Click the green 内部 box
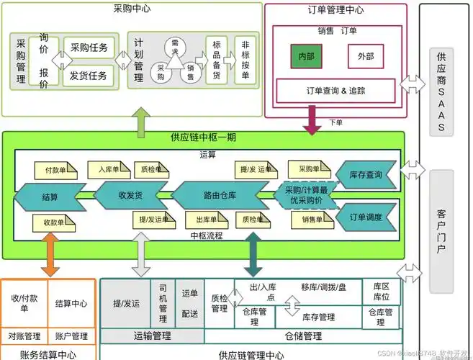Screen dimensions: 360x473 (307, 56)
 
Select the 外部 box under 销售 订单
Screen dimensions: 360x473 (365, 56)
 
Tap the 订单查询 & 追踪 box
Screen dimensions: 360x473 (335, 91)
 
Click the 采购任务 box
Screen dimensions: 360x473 (89, 48)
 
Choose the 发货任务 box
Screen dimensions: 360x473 (89, 75)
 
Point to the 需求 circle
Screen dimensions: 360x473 (174, 48)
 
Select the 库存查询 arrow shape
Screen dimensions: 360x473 (365, 175)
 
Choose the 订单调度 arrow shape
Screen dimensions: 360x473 (365, 217)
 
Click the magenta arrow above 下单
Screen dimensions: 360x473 (312, 119)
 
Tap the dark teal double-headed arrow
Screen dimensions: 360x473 (253, 256)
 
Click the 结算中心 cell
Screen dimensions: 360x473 (71, 303)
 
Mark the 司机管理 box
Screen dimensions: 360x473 (163, 303)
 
